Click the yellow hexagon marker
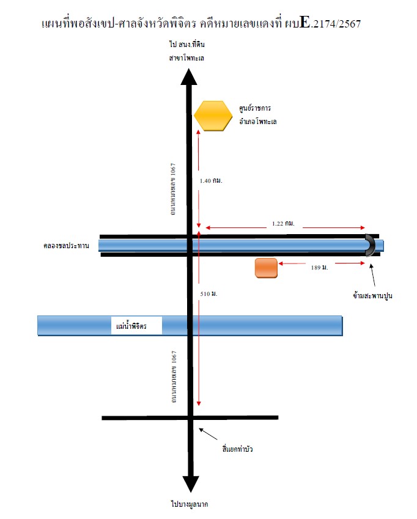tap(213, 116)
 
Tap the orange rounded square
tap(266, 268)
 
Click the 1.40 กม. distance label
tap(211, 181)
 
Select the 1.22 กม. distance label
tap(283, 223)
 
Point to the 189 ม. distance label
tap(319, 267)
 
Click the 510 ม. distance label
tap(209, 293)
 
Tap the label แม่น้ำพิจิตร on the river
tap(131, 326)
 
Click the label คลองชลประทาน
tap(66, 246)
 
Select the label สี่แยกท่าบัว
tap(238, 449)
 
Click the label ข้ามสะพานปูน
tap(372, 296)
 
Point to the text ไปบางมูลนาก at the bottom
tap(190, 504)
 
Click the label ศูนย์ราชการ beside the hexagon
tap(255, 108)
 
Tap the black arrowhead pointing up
tap(189, 77)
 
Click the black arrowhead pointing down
tap(191, 484)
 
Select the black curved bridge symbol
tap(372, 245)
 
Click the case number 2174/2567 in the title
tap(337, 24)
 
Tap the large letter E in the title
tap(305, 22)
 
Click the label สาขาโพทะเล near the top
tap(186, 58)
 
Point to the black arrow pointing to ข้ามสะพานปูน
tap(372, 274)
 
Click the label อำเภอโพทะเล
tap(258, 122)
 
